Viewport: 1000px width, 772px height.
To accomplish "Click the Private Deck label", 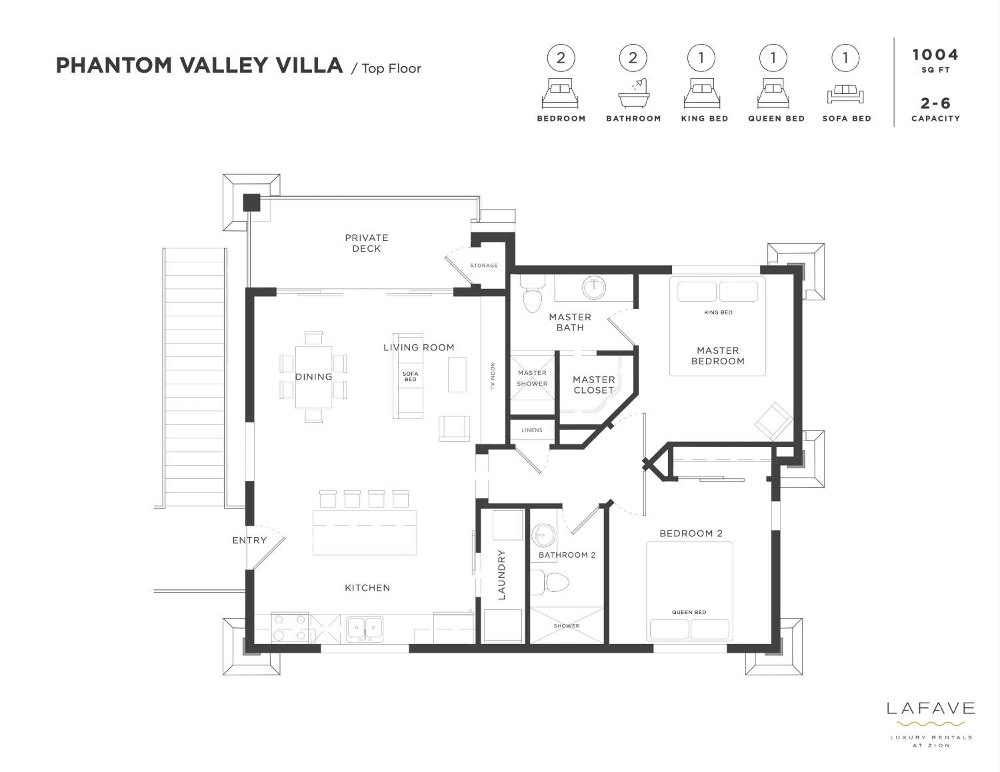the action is [366, 243].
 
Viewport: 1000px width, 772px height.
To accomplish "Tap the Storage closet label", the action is [484, 265].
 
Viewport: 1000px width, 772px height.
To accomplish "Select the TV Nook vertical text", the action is [493, 376].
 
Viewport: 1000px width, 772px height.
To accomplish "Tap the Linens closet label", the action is [532, 430].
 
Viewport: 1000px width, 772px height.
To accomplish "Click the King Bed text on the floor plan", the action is [718, 313].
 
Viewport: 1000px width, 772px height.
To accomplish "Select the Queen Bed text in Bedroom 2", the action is [689, 612].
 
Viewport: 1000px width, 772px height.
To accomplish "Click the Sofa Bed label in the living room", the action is [410, 376].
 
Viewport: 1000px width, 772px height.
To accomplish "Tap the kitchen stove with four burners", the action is [290, 627].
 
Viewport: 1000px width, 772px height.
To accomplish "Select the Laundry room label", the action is [502, 575].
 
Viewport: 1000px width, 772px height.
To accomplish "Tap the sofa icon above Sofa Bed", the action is [845, 94].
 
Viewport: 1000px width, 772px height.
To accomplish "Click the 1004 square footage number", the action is [935, 55].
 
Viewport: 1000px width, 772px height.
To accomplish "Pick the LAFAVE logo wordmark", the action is [930, 708].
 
